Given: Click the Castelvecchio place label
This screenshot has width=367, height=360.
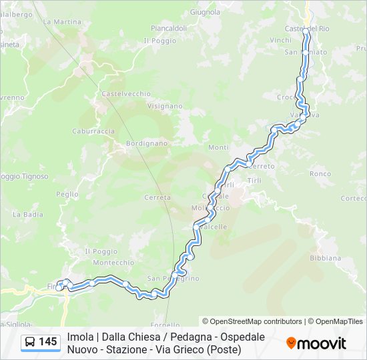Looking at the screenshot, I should [x=126, y=94].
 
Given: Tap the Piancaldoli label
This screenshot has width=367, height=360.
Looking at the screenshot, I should [x=169, y=28].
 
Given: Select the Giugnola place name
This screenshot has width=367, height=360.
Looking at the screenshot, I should [x=205, y=12].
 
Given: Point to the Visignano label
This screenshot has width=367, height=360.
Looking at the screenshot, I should [x=165, y=105].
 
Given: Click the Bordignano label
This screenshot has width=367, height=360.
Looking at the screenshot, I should [x=147, y=143].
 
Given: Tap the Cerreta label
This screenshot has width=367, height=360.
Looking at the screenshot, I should [x=157, y=197].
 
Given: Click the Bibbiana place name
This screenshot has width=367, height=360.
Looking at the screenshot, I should [x=326, y=258].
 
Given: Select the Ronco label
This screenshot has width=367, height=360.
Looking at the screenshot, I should [x=320, y=174].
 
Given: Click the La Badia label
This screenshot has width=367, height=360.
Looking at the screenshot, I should [x=28, y=215].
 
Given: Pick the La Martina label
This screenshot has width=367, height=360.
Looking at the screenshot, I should [x=62, y=22].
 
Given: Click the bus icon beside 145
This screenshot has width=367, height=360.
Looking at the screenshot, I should [x=31, y=343].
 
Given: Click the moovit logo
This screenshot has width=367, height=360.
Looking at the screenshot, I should [x=316, y=343].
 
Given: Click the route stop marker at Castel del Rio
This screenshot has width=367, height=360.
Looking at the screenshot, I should [x=306, y=31].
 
